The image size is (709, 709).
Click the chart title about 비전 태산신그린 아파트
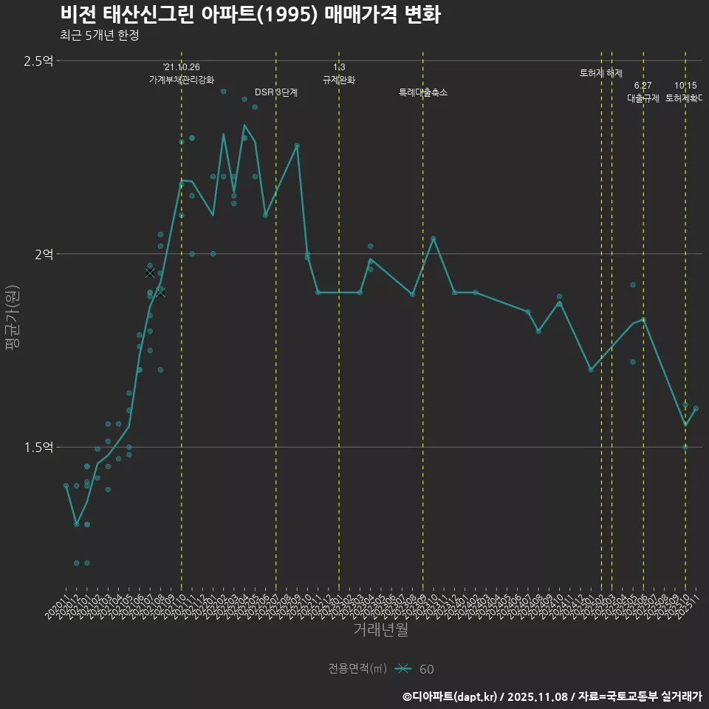click(x=250, y=15)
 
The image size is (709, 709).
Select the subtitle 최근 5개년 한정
click(x=99, y=35)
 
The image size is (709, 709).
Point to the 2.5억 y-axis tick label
click(x=39, y=61)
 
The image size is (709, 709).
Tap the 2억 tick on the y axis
click(x=44, y=254)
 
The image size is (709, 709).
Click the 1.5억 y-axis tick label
click(x=39, y=448)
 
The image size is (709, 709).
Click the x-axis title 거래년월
click(x=380, y=629)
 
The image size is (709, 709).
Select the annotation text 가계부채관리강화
click(x=182, y=80)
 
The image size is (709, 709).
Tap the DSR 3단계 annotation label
click(x=276, y=92)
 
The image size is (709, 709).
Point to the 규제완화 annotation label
click(x=339, y=80)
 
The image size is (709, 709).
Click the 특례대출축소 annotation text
click(x=423, y=92)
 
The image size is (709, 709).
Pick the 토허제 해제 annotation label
click(x=601, y=73)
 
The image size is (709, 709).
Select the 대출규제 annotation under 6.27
click(x=643, y=97)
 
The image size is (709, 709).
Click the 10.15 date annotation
click(x=685, y=86)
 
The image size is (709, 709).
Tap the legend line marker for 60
click(x=403, y=669)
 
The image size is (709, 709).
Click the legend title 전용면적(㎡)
click(x=357, y=669)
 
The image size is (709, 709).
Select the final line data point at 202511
click(x=696, y=408)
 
